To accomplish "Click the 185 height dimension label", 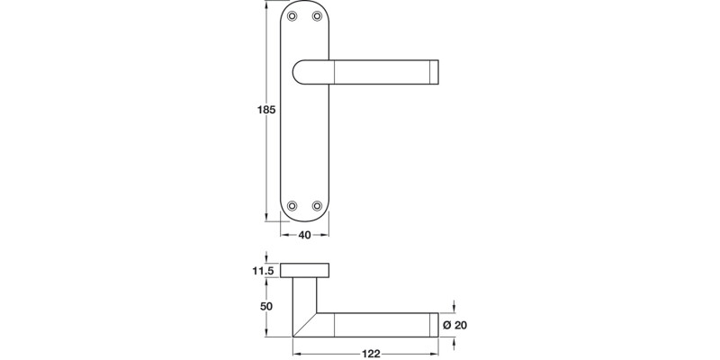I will point(265,110).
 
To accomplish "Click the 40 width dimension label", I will point(305,235).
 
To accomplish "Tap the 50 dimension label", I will point(266,307).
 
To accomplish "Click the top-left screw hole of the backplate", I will point(294,17).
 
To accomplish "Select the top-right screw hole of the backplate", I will point(317,17).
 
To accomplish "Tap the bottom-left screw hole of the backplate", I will point(294,206).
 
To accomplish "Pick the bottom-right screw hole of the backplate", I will point(317,206).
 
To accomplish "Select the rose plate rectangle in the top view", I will point(305,270).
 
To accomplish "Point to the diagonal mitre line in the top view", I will point(306,325).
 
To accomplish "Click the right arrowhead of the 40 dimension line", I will point(328,235).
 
